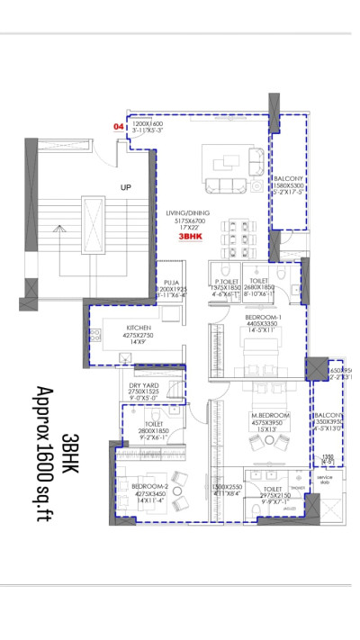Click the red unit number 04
point(118,128)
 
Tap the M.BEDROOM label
point(268,415)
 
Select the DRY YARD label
point(144,385)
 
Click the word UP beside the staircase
point(126,187)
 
